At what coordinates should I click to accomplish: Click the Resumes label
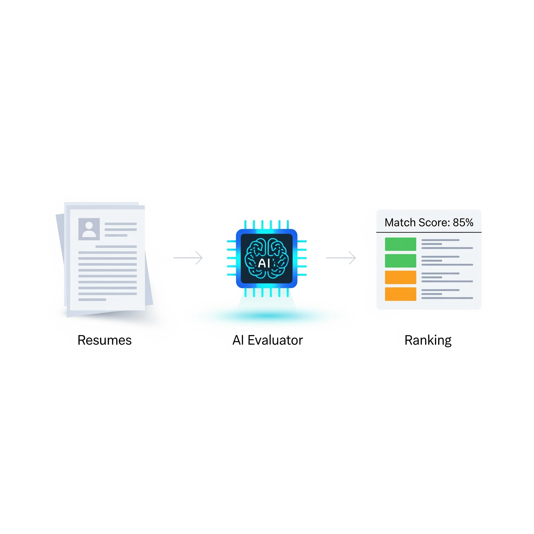[105, 340]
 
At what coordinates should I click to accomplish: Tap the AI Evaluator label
[267, 340]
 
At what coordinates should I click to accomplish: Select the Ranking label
[428, 340]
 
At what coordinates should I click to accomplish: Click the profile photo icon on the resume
[89, 229]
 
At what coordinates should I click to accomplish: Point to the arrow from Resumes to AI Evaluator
[188, 258]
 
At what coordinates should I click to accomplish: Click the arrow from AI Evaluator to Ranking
[341, 258]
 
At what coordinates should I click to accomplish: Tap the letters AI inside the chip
[264, 263]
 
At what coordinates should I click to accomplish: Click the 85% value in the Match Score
[463, 222]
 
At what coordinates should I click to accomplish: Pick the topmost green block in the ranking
[400, 244]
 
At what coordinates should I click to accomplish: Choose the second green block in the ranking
[400, 261]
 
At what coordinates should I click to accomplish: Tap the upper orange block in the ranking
[400, 277]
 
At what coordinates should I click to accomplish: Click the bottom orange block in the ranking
[400, 294]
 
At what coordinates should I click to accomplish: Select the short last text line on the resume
[92, 300]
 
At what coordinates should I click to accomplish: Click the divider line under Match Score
[429, 232]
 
